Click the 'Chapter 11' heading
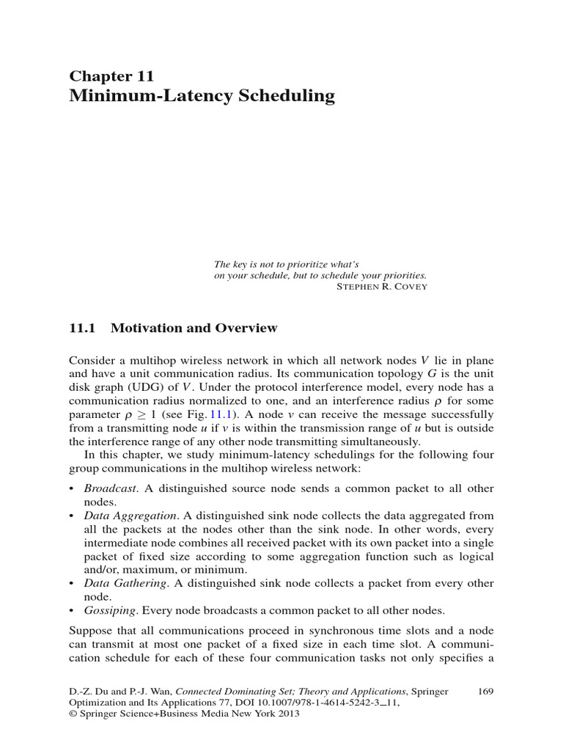point(111,76)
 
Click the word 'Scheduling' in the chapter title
point(287,96)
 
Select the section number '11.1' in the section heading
point(82,329)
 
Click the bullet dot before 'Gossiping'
point(72,610)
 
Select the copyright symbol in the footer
point(73,715)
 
